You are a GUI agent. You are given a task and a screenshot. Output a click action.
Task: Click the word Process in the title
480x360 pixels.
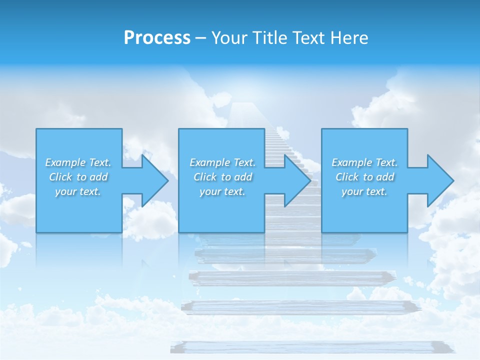(x=157, y=38)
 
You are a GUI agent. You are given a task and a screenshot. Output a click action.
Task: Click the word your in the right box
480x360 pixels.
(x=352, y=191)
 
